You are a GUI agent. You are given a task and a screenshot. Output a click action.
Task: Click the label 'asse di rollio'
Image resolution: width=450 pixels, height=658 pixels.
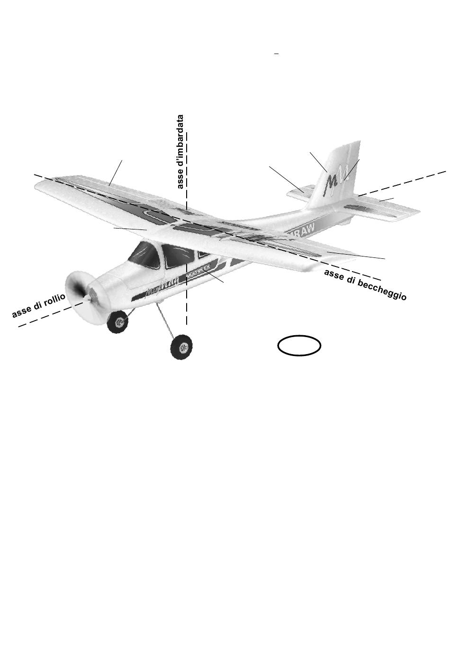pos(38,306)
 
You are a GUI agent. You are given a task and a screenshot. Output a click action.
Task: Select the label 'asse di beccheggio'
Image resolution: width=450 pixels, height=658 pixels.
pos(365,285)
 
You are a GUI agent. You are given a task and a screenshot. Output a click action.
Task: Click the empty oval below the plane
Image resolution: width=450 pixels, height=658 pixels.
pos(299,345)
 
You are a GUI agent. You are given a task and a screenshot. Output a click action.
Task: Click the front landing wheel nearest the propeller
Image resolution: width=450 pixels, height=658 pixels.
pos(117,322)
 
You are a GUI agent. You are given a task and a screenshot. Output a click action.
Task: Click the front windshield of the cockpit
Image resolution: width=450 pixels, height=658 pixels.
pos(145,256)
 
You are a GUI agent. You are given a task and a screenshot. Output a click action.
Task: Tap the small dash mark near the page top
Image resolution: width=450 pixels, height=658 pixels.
pos(276,55)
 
